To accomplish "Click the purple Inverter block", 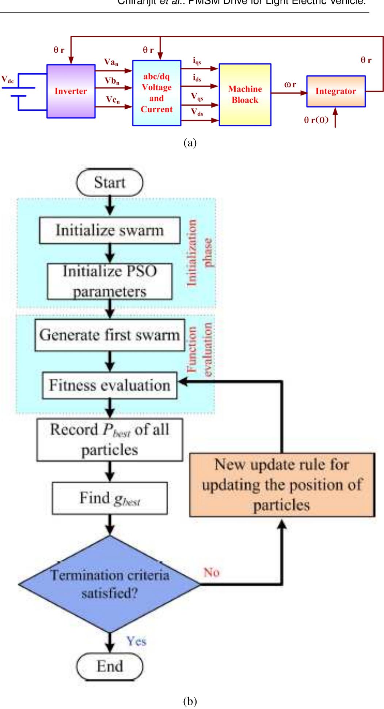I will pyautogui.click(x=71, y=91).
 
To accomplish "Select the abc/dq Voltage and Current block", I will pyautogui.click(x=156, y=93).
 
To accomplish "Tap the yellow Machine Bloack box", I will pyautogui.click(x=245, y=94).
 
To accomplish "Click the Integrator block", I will pyautogui.click(x=335, y=91).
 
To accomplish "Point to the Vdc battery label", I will pyautogui.click(x=7, y=80).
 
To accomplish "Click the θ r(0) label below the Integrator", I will pyautogui.click(x=316, y=120).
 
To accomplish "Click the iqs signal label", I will pyautogui.click(x=197, y=63).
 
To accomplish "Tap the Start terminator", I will pyautogui.click(x=110, y=182).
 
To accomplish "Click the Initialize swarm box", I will pyautogui.click(x=110, y=230).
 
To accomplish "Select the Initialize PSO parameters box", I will pyautogui.click(x=110, y=281).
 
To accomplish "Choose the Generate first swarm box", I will pyautogui.click(x=109, y=335).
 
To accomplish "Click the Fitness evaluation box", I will pyautogui.click(x=110, y=385).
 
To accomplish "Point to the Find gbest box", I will pyautogui.click(x=110, y=498).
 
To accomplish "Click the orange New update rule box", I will pyautogui.click(x=282, y=484).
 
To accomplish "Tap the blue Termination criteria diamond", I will pyautogui.click(x=109, y=584).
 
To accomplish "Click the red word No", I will pyautogui.click(x=211, y=572).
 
